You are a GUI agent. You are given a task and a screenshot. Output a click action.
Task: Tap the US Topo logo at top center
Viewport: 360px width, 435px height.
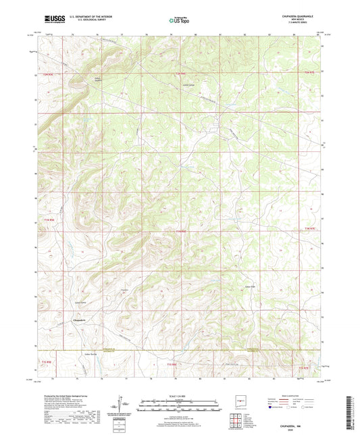tap(179, 20)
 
